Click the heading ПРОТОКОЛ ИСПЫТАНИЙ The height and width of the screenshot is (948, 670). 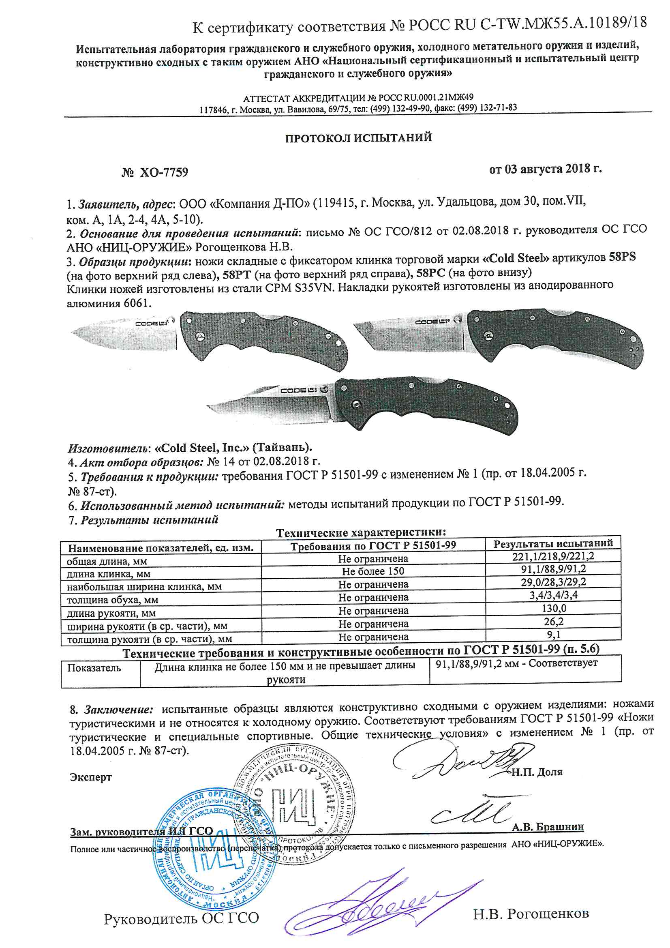coord(358,137)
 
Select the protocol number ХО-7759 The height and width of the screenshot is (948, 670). coord(164,172)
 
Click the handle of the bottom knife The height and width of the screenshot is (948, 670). coord(425,403)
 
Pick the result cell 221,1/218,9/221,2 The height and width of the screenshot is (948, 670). coord(553,556)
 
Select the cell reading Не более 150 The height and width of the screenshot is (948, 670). coord(373,571)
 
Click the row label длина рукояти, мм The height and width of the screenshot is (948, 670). coord(111,613)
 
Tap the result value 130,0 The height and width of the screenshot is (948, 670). coord(554,608)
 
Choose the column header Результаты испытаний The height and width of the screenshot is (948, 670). coord(553,543)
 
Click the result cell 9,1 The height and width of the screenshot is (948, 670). coord(554,634)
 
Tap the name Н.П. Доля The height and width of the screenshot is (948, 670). coord(537,772)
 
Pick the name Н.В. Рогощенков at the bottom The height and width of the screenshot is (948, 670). coord(531,914)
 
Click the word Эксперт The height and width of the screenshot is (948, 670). coord(91,777)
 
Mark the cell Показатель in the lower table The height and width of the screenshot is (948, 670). coord(94,668)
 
